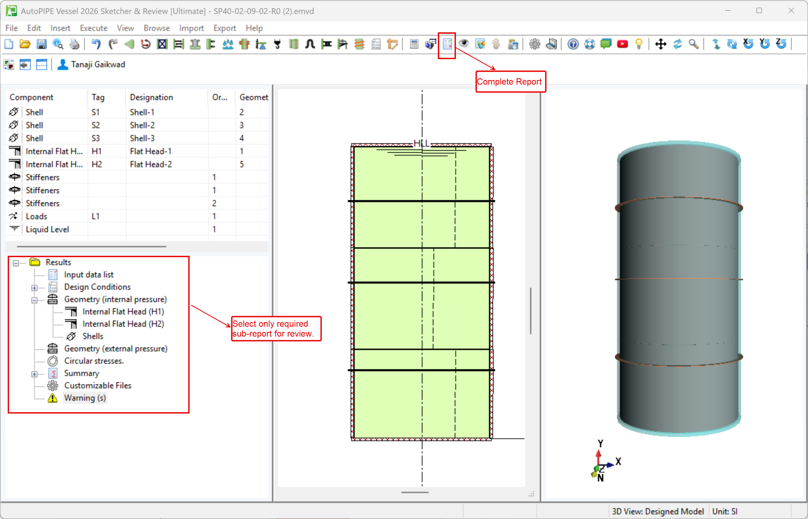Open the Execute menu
pos(93,28)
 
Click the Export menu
pos(224,28)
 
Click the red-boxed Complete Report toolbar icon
pos(447,44)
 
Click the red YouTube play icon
pos(622,44)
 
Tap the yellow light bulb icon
pos(638,44)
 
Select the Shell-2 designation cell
pos(142,125)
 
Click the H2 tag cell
pos(96,164)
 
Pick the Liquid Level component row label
pos(47,229)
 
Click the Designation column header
pos(151,97)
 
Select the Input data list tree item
pos(89,275)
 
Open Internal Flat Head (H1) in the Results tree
pos(123,311)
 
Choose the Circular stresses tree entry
pos(94,361)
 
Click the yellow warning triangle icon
pos(53,398)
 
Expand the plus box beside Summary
pos(34,374)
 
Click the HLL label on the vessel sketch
pos(422,144)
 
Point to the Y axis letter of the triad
pos(600,443)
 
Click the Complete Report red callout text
pos(509,82)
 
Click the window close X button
pos(791,10)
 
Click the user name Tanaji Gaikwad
pos(98,64)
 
